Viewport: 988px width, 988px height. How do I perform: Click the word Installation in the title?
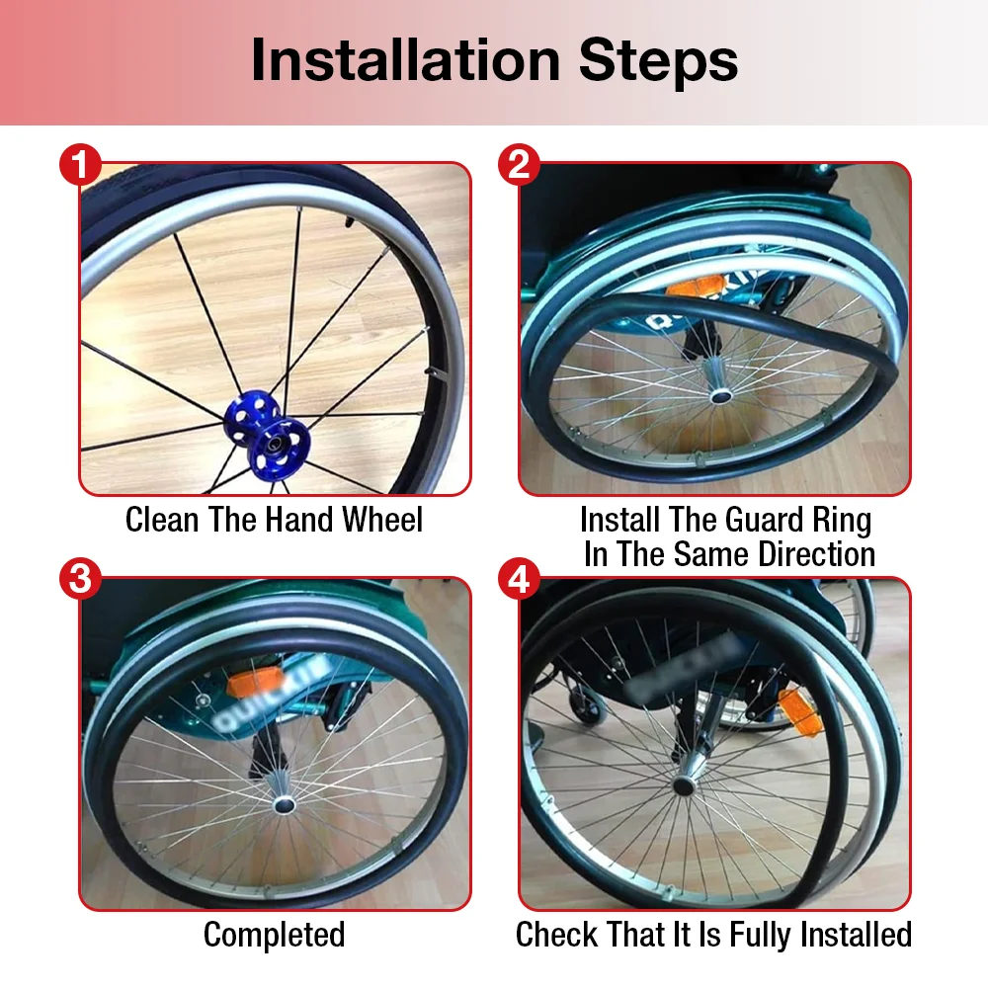(x=406, y=60)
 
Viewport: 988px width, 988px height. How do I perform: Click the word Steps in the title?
(x=658, y=60)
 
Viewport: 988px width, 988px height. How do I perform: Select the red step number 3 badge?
(x=80, y=579)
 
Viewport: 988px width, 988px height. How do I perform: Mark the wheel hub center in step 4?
(x=683, y=786)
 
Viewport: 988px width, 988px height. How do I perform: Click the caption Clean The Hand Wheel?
(x=274, y=520)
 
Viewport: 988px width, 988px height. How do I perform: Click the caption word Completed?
(x=274, y=935)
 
